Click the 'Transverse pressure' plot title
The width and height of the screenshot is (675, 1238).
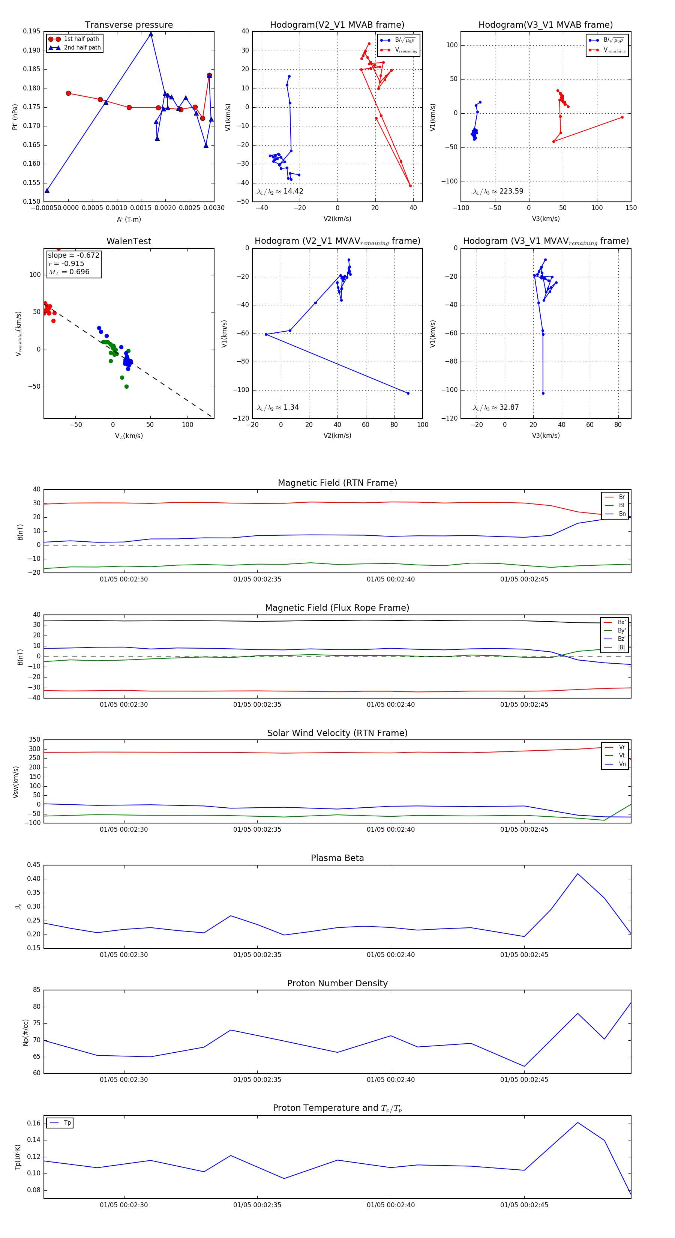(129, 25)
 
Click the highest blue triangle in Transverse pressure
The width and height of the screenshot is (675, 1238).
(151, 34)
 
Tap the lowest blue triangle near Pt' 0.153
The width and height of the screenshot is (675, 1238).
(47, 190)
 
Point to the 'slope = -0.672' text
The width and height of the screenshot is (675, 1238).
(73, 255)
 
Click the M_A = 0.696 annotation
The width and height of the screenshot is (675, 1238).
(69, 272)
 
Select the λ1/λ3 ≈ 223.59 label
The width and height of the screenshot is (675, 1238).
(498, 191)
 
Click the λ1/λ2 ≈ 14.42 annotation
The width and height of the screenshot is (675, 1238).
(280, 191)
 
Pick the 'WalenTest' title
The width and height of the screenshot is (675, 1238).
(129, 241)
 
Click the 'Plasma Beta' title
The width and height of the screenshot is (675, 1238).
(337, 858)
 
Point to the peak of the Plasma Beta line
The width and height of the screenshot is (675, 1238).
(577, 873)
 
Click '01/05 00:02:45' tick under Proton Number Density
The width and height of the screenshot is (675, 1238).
(524, 1079)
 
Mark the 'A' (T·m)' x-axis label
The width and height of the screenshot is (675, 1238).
(129, 219)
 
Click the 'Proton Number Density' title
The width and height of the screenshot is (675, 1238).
(337, 983)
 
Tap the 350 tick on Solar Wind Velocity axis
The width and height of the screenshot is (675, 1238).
(34, 740)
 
